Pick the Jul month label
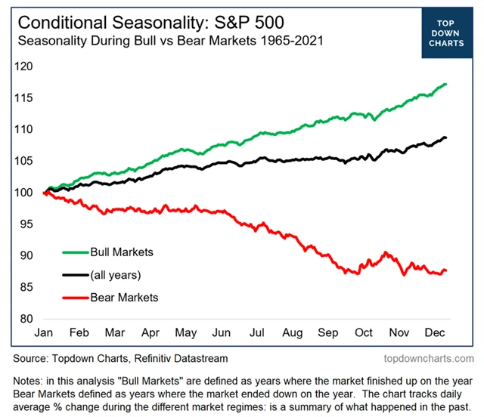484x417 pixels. coord(258,333)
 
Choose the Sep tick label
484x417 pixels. coord(328,333)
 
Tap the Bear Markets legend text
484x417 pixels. coord(123,297)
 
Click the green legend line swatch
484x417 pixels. coord(73,252)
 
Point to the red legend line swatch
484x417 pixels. coord(73,297)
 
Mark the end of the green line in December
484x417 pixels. coord(446,84)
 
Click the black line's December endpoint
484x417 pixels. coord(446,137)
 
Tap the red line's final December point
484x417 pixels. coord(446,270)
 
